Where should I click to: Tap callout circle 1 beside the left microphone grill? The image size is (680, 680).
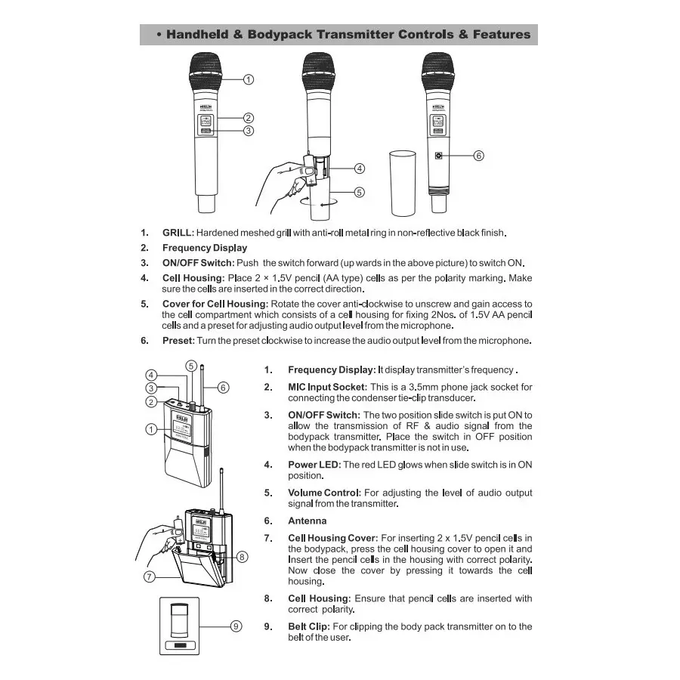(249, 79)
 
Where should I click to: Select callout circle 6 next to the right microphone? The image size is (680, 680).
(478, 156)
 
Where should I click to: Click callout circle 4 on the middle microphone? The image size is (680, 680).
(360, 168)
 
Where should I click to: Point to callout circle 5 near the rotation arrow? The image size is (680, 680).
(360, 192)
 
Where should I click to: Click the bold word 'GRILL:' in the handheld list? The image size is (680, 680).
(178, 232)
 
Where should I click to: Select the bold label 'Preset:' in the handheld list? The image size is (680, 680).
(178, 340)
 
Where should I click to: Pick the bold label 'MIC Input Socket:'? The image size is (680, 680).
(327, 387)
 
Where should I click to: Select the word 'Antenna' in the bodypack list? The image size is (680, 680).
(308, 521)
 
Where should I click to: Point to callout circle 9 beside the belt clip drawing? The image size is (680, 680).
(236, 626)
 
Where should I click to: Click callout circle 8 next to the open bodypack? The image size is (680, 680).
(242, 557)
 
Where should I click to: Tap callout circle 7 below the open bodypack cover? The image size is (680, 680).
(149, 576)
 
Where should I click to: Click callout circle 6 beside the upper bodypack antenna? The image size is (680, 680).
(223, 388)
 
